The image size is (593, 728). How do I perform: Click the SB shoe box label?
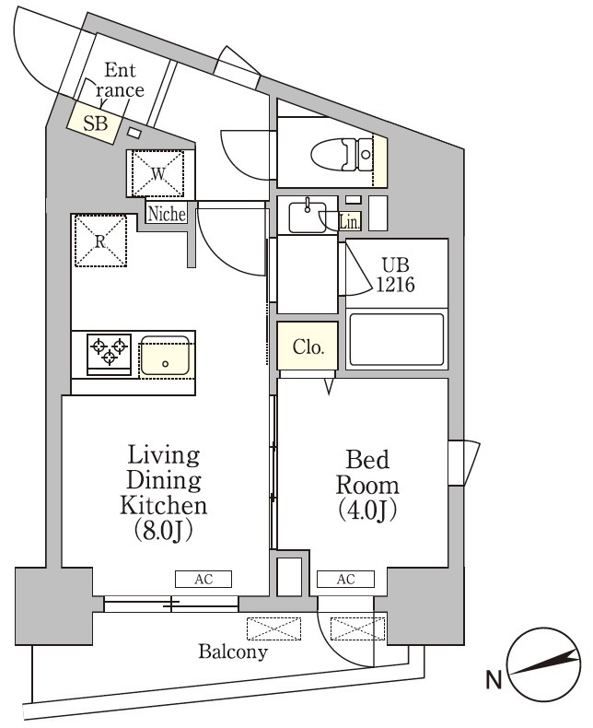[95, 124]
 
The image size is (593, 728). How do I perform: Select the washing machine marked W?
[158, 172]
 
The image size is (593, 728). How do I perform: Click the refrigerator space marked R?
[101, 240]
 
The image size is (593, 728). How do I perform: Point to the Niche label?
[167, 214]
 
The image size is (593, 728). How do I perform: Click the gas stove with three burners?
[109, 353]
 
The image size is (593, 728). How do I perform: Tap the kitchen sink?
[166, 355]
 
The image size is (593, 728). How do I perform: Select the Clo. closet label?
[308, 347]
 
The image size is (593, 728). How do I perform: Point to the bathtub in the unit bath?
[396, 342]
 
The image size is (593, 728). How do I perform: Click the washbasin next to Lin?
[306, 217]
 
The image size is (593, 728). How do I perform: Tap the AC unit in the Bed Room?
[345, 580]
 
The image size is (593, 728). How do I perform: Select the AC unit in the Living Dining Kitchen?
[203, 580]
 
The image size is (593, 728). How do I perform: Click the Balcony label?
[233, 652]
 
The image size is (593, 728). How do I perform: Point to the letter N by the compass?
[494, 681]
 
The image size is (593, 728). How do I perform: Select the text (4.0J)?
[366, 511]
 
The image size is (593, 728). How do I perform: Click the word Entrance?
[122, 80]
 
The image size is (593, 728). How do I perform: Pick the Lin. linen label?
[349, 220]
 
